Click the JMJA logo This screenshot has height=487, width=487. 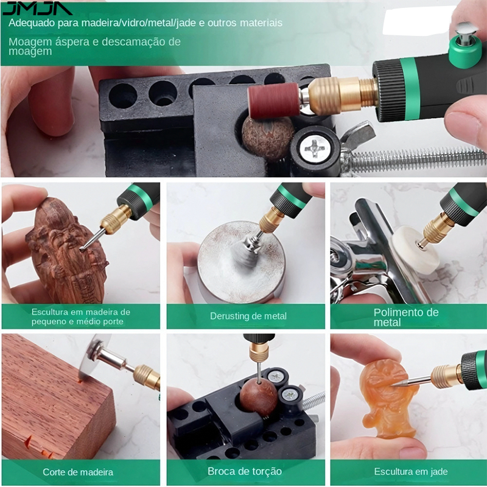click(x=37, y=9)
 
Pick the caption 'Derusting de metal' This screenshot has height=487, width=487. click(x=248, y=316)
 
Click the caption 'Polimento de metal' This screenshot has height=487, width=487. click(x=406, y=317)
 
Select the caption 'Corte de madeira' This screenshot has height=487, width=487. click(x=78, y=472)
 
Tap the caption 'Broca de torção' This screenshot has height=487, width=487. click(x=245, y=471)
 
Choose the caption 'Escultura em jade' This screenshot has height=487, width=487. click(x=411, y=471)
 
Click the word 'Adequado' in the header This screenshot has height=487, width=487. click(x=28, y=23)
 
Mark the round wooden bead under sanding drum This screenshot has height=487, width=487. click(x=268, y=139)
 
